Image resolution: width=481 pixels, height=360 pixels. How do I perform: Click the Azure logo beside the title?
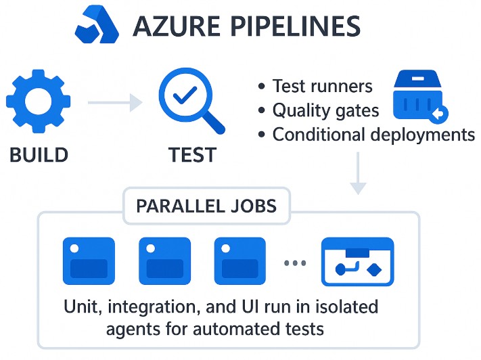point(98,25)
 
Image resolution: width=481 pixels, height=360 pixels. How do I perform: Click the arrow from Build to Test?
point(114,103)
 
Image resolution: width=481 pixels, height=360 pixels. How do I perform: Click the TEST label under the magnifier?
point(193,155)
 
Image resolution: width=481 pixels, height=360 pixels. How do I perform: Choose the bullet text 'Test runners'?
point(322,87)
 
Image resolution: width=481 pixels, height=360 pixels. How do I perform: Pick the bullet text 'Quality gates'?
point(325,110)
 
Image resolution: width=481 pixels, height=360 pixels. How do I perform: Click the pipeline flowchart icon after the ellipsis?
point(357,261)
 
